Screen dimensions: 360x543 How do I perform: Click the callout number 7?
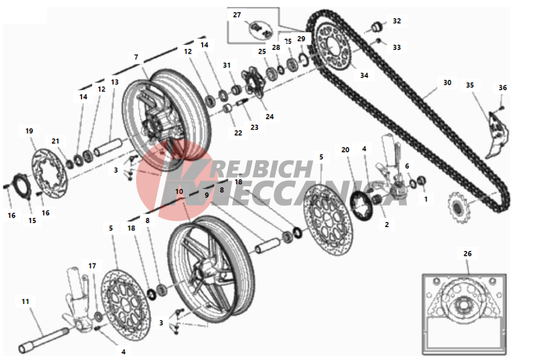pos(136,57)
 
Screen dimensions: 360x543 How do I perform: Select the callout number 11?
pos(25,301)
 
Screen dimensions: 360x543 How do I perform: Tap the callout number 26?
pos(468,254)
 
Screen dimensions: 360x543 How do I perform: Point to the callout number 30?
pos(447,83)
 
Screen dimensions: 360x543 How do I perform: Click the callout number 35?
pos(470,85)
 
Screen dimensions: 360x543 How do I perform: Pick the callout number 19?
pos(29,131)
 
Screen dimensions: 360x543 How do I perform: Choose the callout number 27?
pos(237,15)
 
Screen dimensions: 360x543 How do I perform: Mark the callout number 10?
pos(179,191)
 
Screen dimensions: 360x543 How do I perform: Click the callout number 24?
pos(270,117)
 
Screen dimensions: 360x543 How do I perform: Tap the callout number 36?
pos(503,88)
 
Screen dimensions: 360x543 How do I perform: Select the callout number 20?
pos(345,150)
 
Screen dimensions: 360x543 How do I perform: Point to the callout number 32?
pos(396,21)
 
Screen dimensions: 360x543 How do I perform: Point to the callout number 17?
pos(92,266)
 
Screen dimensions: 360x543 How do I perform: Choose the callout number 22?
pos(238,133)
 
